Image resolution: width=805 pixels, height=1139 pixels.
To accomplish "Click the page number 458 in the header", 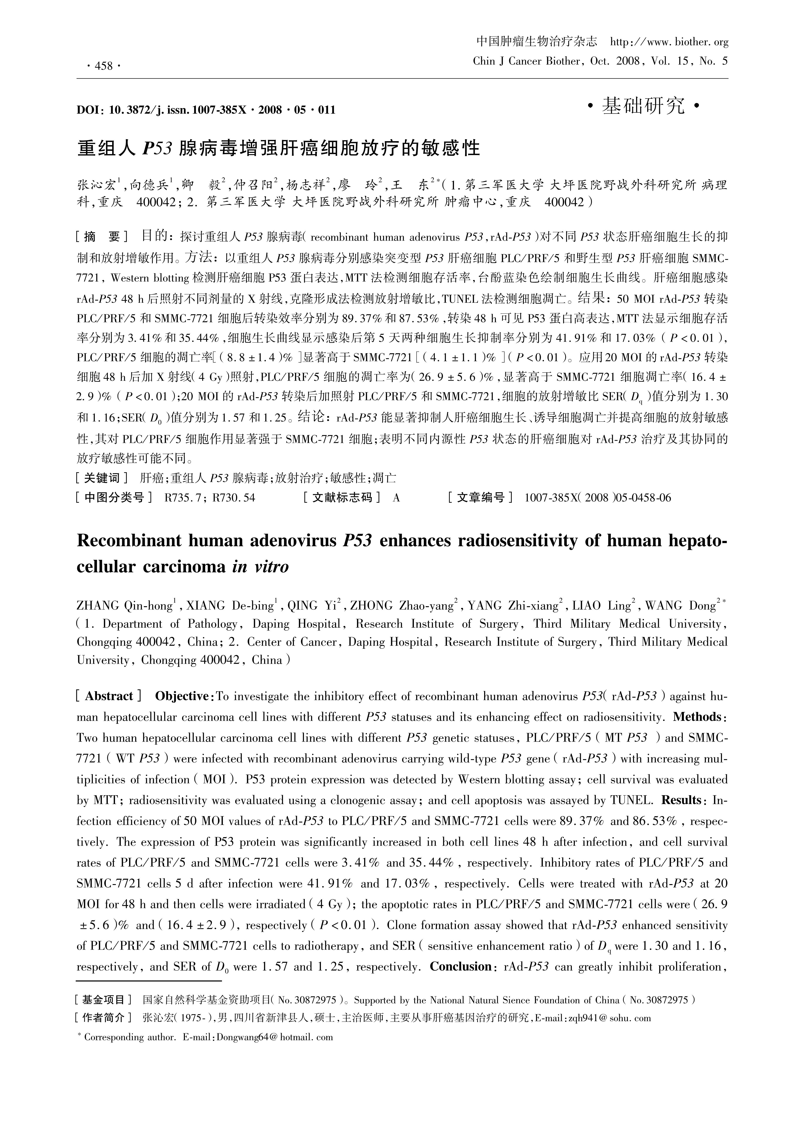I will [x=103, y=66].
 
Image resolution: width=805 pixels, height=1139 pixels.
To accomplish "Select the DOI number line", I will [x=206, y=110].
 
